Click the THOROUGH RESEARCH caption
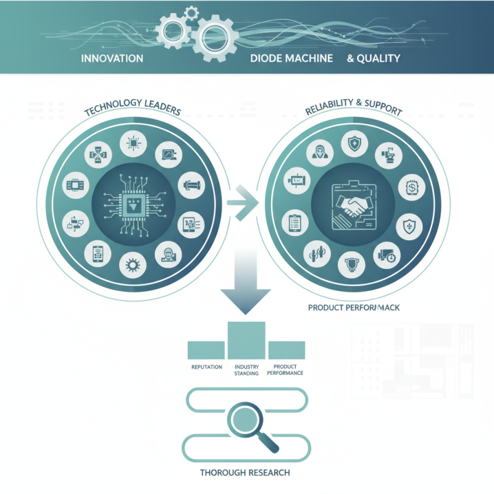pos(245,473)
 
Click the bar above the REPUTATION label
pos(206,350)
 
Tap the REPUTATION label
pos(207,367)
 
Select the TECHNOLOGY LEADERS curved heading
pos(132,110)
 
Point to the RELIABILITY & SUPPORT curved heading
pos(354,111)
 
